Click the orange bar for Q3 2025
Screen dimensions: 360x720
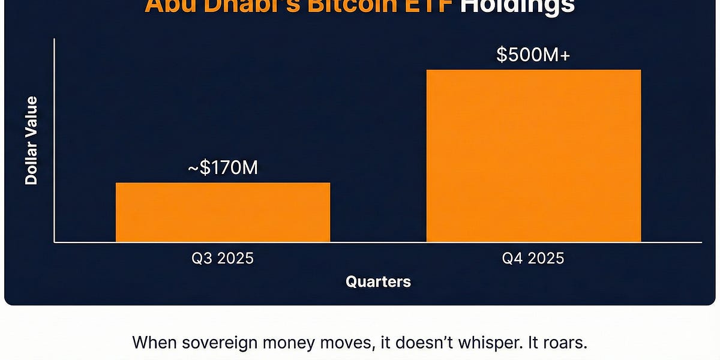[x=223, y=212]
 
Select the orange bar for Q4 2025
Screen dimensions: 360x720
[x=533, y=156]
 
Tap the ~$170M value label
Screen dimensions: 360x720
[x=223, y=168]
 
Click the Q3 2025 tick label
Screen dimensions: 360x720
[x=223, y=259]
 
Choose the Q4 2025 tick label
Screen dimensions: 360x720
[x=533, y=259]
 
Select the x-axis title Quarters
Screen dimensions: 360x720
[x=378, y=281]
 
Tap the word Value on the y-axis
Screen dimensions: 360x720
[x=31, y=115]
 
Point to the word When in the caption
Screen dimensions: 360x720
[x=151, y=343]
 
